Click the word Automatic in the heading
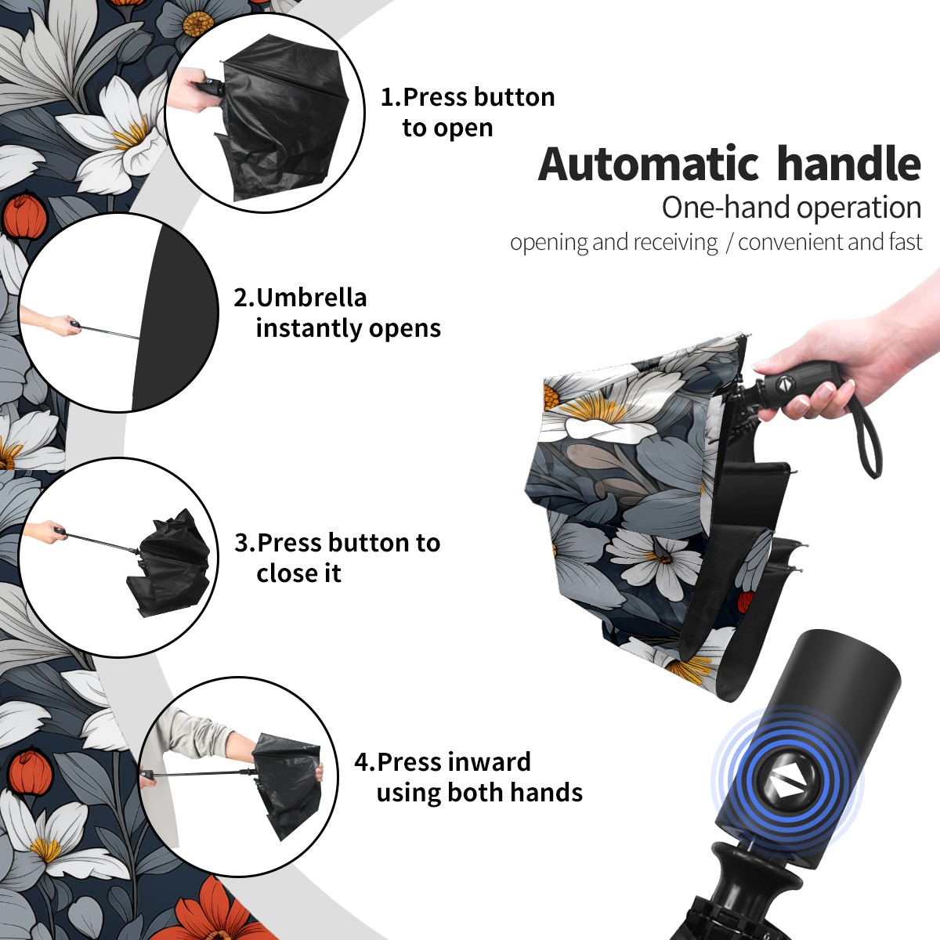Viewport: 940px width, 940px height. [x=649, y=164]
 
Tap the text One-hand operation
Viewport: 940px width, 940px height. [x=791, y=208]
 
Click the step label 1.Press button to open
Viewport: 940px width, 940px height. [x=468, y=112]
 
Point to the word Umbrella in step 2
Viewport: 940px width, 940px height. [x=311, y=298]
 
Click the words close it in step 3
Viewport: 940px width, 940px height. [x=298, y=573]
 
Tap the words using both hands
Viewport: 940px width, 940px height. [x=479, y=792]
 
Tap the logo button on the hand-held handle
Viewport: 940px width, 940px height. [x=785, y=385]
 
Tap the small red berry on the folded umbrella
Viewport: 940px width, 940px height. [x=744, y=601]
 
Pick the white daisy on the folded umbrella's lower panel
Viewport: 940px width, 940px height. [x=656, y=558]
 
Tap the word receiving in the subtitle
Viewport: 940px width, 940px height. [x=679, y=243]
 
